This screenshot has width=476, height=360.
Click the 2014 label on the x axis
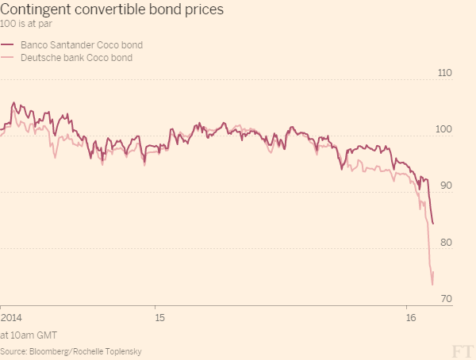(x=11, y=317)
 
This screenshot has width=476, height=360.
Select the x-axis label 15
(x=160, y=317)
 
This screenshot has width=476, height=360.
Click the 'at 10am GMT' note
(x=29, y=334)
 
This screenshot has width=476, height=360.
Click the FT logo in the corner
(x=460, y=349)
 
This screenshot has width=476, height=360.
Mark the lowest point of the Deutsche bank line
(x=432, y=284)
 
